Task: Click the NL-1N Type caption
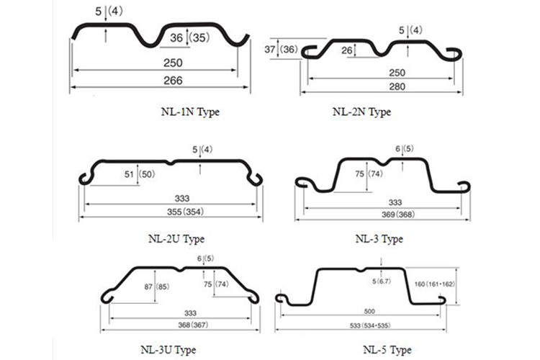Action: [x=190, y=112]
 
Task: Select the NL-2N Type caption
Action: [x=361, y=112]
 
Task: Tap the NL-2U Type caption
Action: [x=176, y=239]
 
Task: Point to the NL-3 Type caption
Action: [x=379, y=239]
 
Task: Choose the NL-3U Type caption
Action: [x=168, y=350]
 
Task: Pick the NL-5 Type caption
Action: [x=387, y=350]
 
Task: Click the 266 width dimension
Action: [x=173, y=81]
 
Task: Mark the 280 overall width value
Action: [x=397, y=86]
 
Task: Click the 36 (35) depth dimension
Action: [x=190, y=37]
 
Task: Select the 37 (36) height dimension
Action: [x=281, y=49]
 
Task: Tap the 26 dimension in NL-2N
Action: [x=347, y=50]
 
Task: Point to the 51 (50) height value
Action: [x=140, y=174]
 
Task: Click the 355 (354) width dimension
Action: [x=185, y=212]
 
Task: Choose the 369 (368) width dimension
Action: [x=398, y=215]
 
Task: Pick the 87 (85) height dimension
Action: [x=157, y=287]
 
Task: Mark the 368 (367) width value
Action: [x=193, y=325]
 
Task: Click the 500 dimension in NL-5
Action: [x=369, y=312]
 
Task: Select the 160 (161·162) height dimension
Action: [x=435, y=284]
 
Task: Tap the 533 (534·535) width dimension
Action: [x=370, y=325]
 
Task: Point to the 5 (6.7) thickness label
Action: [x=382, y=282]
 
